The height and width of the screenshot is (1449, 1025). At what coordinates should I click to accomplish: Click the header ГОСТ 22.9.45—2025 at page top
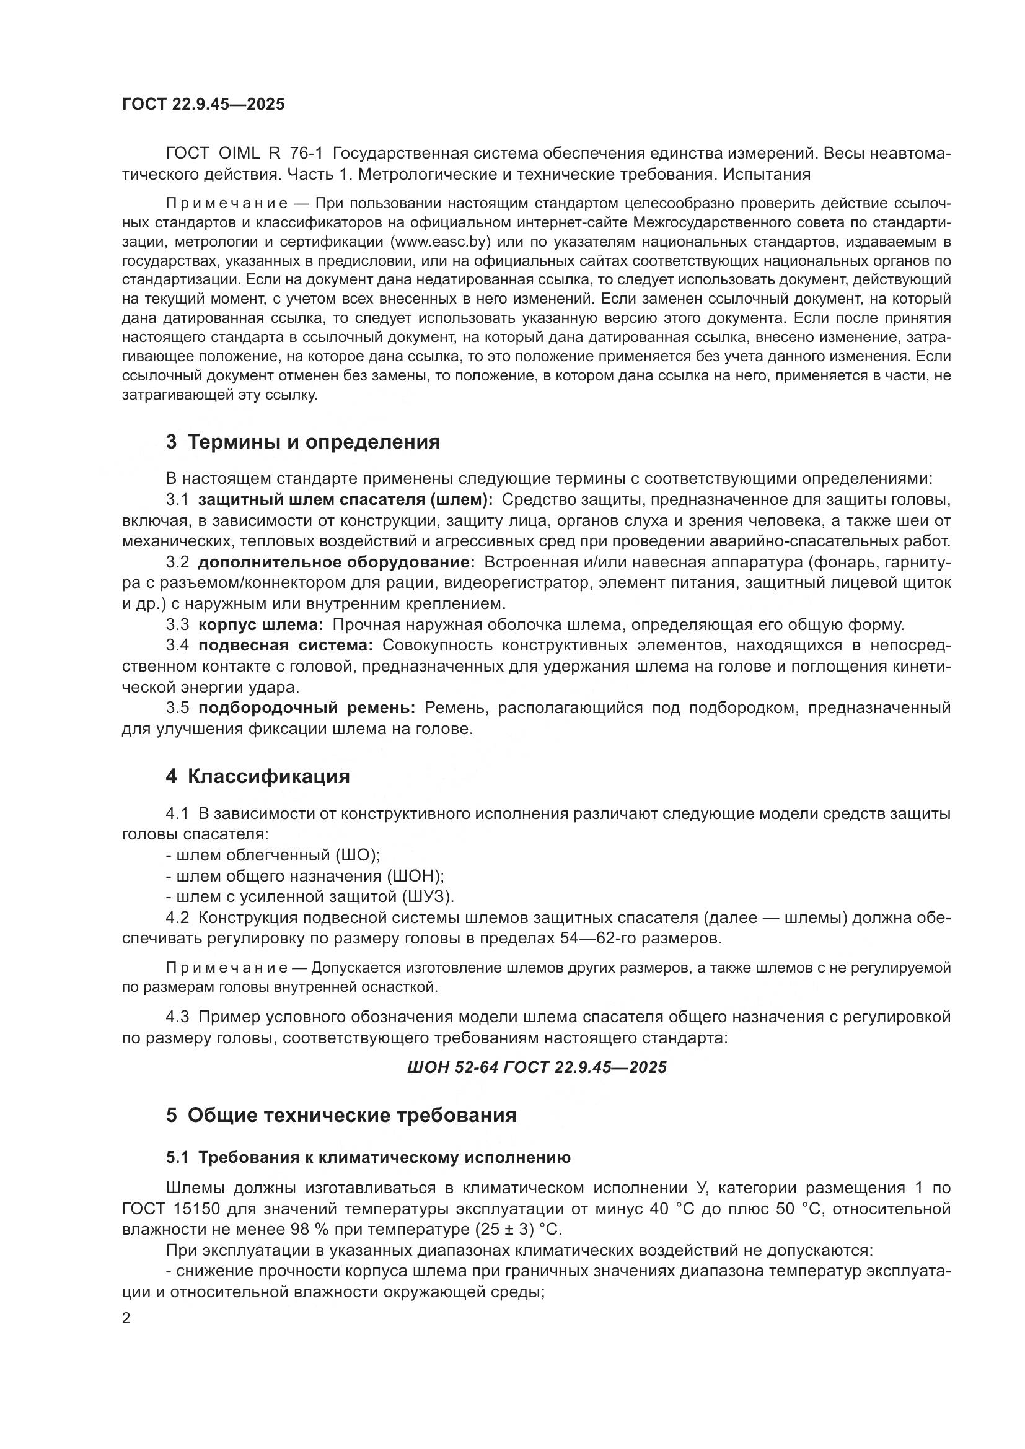coord(203,104)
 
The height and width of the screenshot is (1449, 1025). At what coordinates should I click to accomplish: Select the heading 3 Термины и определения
coord(303,442)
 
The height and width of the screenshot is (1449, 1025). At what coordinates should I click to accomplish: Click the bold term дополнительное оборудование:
coord(337,563)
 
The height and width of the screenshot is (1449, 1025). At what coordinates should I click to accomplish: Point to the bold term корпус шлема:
coord(261,625)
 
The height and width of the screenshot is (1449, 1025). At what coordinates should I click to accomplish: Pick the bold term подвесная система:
coord(285,645)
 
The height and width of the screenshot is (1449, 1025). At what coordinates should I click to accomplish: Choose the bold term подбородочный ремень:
coord(307,707)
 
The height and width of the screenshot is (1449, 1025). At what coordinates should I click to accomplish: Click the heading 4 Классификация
coord(258,776)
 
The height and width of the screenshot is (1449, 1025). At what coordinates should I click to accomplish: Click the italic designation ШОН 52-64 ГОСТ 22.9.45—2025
coord(537,1067)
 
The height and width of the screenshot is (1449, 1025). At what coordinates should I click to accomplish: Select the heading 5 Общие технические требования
coord(341,1115)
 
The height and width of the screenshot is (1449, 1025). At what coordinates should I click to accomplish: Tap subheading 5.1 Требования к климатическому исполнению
coord(369,1157)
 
